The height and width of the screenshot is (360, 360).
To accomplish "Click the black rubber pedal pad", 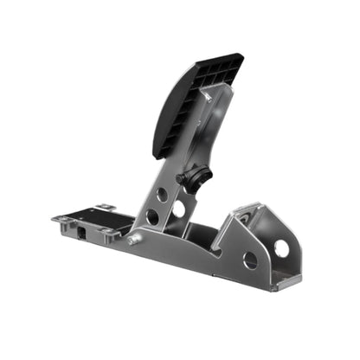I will (186, 108).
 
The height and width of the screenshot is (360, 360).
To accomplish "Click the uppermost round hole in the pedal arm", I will (163, 195).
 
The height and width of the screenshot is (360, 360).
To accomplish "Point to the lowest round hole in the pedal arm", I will (152, 217).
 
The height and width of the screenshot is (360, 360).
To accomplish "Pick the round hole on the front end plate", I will (282, 248).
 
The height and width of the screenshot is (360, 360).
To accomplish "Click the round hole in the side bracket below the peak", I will (250, 260).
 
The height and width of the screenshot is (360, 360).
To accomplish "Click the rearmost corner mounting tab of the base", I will (58, 220).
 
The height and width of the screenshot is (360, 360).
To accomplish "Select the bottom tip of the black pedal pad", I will (158, 156).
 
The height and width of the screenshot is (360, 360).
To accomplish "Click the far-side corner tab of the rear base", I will (105, 207).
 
